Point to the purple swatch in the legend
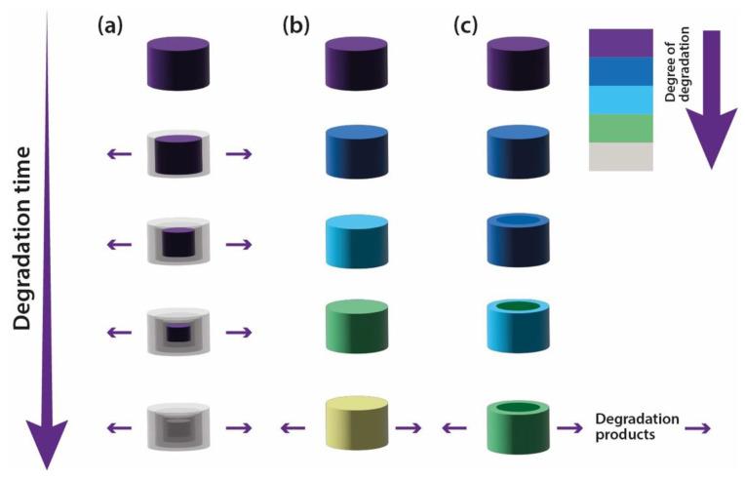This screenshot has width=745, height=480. (x=620, y=44)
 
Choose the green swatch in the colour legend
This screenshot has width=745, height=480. (x=620, y=128)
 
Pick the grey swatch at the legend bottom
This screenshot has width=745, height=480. (x=620, y=156)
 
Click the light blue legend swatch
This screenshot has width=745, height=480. (x=620, y=100)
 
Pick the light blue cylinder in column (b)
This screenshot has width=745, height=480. (x=357, y=242)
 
